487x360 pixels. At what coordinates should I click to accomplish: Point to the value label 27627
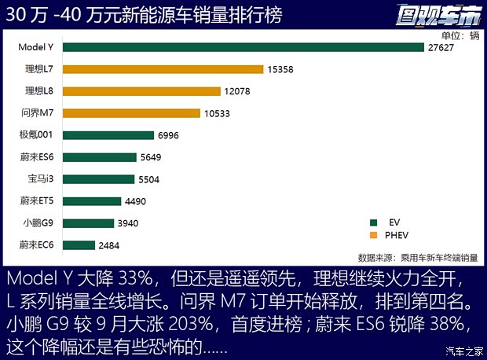[x=441, y=47]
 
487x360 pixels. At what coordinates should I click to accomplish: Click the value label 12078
[x=237, y=91]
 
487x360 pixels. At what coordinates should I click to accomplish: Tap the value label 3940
[x=128, y=223]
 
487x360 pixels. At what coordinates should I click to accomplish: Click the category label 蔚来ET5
[x=37, y=201]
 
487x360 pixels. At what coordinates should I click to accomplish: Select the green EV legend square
[x=373, y=222]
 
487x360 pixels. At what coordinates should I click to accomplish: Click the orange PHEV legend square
[x=373, y=235]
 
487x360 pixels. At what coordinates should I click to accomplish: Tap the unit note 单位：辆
[x=460, y=35]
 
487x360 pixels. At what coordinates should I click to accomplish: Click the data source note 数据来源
[x=417, y=257]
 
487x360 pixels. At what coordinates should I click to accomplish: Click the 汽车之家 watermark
[x=463, y=351]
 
